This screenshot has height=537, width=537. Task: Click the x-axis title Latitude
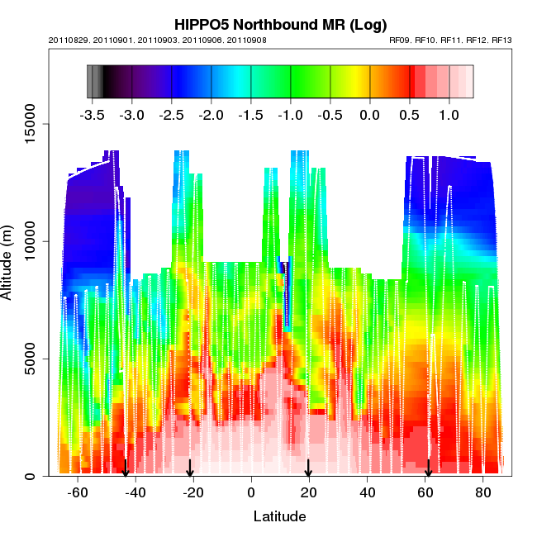(279, 516)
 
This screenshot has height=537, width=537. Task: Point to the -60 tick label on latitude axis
(78, 493)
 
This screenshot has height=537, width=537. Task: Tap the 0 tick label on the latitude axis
(251, 493)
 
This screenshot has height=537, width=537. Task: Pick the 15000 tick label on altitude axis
(25, 124)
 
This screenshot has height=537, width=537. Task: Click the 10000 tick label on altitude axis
(25, 241)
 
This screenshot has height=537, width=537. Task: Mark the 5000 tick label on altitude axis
(27, 359)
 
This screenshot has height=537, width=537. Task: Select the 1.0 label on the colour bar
(449, 116)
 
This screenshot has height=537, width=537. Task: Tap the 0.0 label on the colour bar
(369, 116)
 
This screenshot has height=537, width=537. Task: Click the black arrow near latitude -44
(126, 468)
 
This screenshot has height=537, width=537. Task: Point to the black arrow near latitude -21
(190, 468)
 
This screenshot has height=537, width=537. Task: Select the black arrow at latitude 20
(308, 468)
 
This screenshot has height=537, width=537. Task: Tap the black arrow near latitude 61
(428, 468)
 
